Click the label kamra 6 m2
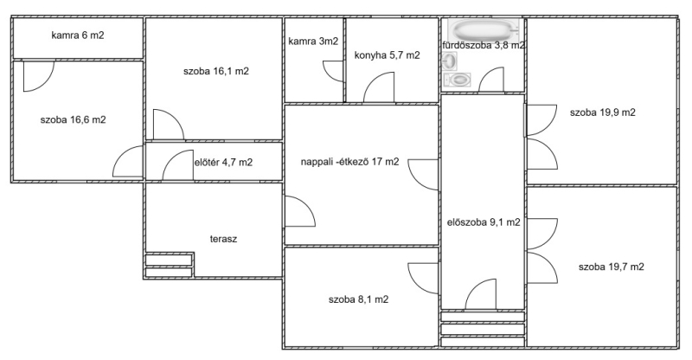point(78,35)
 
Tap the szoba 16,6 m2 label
point(73,119)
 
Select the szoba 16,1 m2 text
point(216,71)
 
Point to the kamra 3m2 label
point(313,42)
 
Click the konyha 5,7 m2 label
point(387,55)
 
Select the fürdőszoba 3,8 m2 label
point(484,45)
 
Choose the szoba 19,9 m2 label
point(603,112)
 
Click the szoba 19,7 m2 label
point(612,267)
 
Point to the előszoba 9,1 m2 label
point(484,222)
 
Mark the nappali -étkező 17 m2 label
point(350,162)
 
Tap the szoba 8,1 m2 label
point(358,299)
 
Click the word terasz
point(223,240)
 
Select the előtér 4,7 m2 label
point(224,163)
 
